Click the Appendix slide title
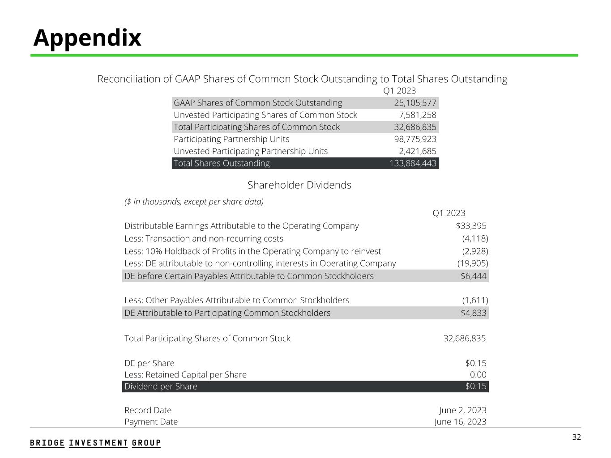[x=87, y=38]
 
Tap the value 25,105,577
[x=415, y=103]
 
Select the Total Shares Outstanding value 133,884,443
[x=413, y=163]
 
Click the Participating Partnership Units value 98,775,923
[x=415, y=139]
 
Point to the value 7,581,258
[x=417, y=115]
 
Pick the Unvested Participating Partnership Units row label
[x=250, y=151]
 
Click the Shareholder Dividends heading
[x=299, y=185]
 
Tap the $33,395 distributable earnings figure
[x=471, y=226]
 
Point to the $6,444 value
[x=473, y=276]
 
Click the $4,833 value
[x=473, y=313]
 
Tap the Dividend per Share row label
[x=161, y=386]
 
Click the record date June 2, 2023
[x=462, y=410]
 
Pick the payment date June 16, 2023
[x=460, y=422]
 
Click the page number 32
[x=577, y=437]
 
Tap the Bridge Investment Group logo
[x=95, y=443]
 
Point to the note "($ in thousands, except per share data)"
[x=194, y=202]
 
